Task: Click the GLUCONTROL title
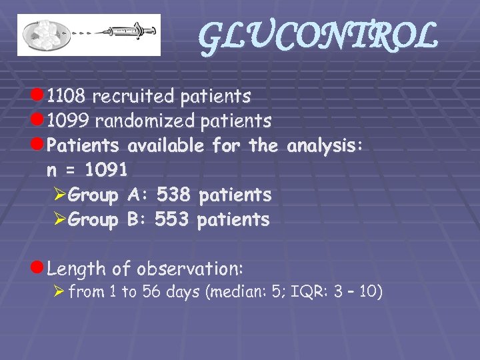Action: click(318, 37)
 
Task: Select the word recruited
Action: click(133, 97)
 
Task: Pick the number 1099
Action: click(69, 121)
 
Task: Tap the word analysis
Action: click(325, 145)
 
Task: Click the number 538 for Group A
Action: click(173, 195)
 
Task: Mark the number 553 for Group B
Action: click(172, 219)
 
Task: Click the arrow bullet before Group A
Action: click(59, 195)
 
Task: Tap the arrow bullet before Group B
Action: click(59, 220)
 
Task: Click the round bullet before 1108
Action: click(38, 97)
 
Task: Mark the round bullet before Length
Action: click(38, 269)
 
